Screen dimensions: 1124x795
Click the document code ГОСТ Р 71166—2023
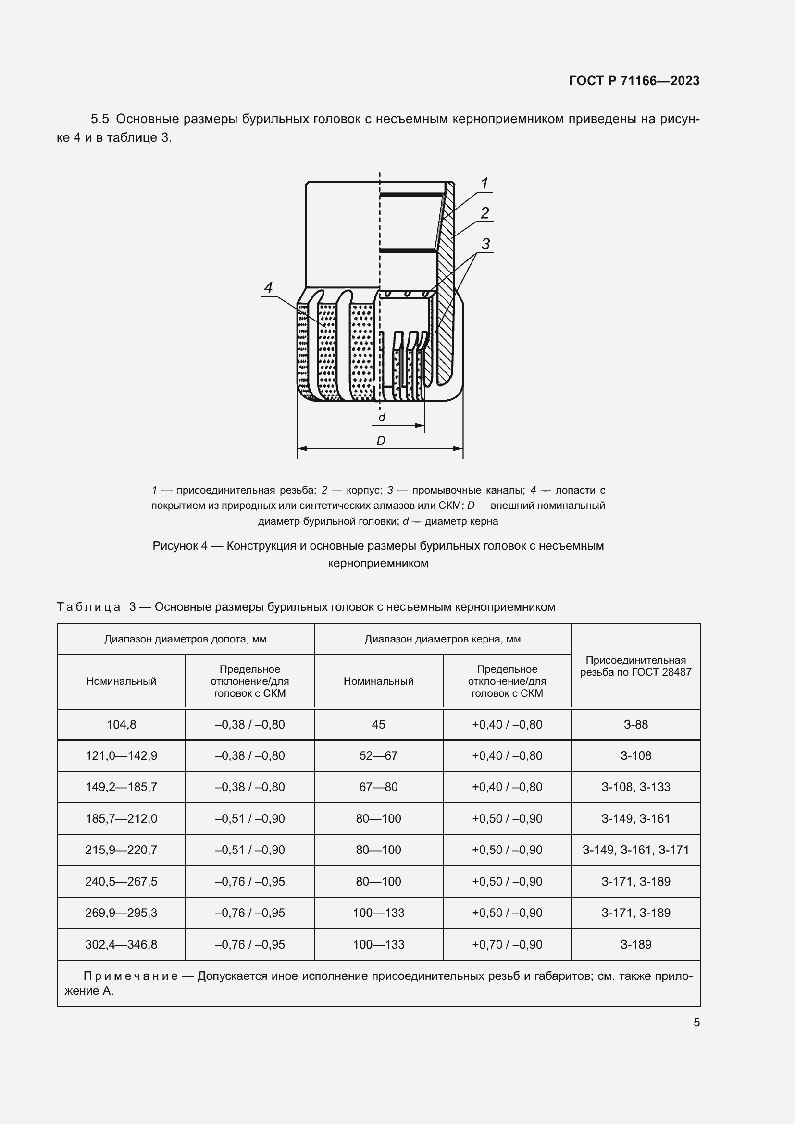(x=634, y=81)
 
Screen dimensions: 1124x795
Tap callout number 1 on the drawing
(x=484, y=184)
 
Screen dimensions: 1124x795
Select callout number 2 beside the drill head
(x=484, y=213)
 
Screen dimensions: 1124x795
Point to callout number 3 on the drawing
(x=485, y=244)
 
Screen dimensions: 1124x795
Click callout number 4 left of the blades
(x=268, y=287)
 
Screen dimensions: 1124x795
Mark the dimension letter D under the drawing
(x=381, y=441)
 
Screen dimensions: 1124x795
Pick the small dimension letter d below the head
(x=382, y=418)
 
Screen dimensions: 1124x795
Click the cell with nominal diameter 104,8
(x=122, y=725)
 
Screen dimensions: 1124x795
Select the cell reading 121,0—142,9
(x=122, y=756)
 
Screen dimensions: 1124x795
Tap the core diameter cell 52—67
(x=378, y=756)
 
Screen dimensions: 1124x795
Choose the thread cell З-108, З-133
(x=635, y=787)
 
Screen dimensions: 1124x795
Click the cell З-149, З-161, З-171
(x=635, y=850)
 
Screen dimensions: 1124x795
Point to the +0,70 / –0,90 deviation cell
(x=507, y=944)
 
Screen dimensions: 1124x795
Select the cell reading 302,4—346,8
(x=122, y=944)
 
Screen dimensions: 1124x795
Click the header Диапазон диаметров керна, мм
(x=442, y=639)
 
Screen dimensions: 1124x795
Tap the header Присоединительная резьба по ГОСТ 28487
(x=635, y=666)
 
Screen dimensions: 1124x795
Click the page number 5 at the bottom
(x=696, y=1023)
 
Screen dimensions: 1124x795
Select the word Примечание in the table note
(x=130, y=976)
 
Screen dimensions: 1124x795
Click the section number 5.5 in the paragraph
(x=100, y=119)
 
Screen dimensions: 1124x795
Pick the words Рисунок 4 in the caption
(x=180, y=546)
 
